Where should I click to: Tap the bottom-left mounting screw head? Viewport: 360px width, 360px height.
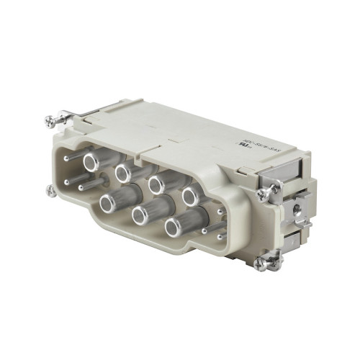click(49, 191)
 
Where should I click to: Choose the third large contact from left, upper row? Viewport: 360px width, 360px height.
click(155, 184)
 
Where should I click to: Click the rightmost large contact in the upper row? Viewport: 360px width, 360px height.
click(189, 194)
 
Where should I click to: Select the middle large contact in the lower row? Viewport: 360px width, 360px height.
click(138, 214)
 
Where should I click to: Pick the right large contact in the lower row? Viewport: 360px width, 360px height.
click(173, 228)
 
